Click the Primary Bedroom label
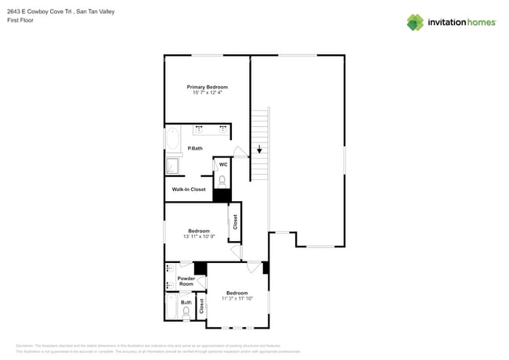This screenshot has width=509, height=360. click(x=207, y=87)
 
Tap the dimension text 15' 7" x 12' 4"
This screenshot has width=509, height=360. click(x=207, y=93)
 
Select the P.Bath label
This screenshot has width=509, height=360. click(x=195, y=149)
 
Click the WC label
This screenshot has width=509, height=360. click(x=223, y=164)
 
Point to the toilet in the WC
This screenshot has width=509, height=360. click(x=222, y=181)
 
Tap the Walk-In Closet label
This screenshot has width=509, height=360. click(x=189, y=189)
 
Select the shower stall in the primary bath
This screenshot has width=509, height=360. click(x=171, y=166)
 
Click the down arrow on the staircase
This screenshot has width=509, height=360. click(x=259, y=149)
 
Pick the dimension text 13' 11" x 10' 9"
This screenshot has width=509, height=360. click(x=198, y=236)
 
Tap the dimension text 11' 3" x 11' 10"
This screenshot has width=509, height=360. click(x=236, y=298)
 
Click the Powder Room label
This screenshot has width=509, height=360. click(x=186, y=281)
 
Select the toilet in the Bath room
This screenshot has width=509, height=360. click(x=186, y=312)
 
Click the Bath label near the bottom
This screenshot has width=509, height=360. click(x=186, y=302)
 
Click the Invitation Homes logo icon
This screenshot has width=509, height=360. click(x=415, y=22)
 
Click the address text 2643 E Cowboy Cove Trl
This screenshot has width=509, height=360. click(x=38, y=12)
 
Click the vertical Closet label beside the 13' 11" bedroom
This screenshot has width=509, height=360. click(x=234, y=221)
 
